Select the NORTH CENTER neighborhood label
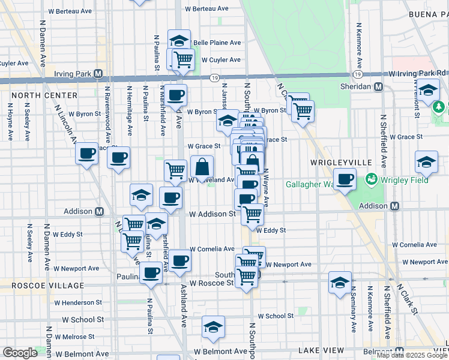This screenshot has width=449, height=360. [44, 95]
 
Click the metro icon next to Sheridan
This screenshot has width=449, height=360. [379, 86]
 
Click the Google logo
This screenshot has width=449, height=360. [20, 353]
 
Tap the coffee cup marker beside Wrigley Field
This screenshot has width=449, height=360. [345, 179]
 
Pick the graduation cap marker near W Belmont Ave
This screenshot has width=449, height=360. [213, 327]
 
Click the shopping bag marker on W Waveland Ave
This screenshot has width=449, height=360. [202, 166]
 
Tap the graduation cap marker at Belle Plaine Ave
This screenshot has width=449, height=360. [179, 40]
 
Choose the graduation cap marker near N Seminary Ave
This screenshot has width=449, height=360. [340, 283]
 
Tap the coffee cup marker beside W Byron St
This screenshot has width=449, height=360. [176, 94]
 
